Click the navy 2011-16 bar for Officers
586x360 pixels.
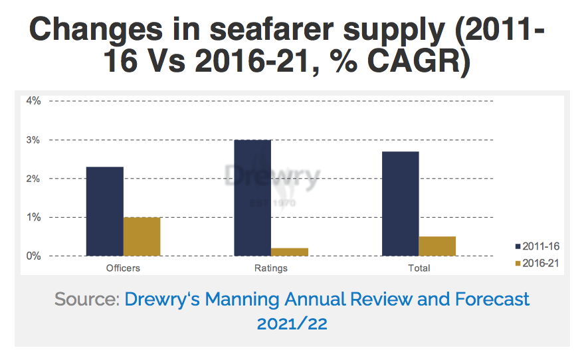click(105, 211)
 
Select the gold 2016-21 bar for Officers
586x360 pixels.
click(142, 236)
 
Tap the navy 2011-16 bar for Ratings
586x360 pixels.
click(252, 198)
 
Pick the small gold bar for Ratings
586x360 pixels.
click(290, 252)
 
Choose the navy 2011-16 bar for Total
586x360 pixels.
click(400, 204)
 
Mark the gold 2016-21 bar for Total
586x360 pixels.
click(437, 246)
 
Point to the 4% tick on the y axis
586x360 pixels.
click(33, 101)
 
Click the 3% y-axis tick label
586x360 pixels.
click(33, 140)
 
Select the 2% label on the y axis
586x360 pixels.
click(33, 179)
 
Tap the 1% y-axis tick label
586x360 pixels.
click(33, 217)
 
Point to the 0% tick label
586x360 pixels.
click(33, 256)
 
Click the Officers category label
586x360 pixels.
click(123, 268)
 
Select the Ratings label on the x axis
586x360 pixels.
click(271, 268)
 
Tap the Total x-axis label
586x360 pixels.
click(419, 268)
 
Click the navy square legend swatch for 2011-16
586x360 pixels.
click(518, 245)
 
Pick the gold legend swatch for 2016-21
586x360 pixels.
click(518, 262)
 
